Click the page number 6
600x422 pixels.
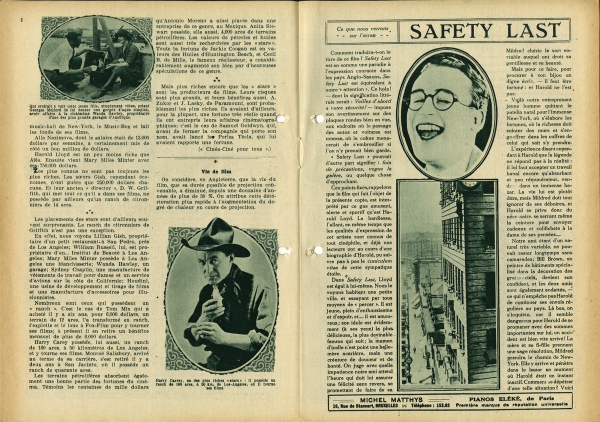click(x=21, y=19)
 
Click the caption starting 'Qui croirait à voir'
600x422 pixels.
click(x=97, y=110)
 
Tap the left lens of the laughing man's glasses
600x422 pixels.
click(x=416, y=98)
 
